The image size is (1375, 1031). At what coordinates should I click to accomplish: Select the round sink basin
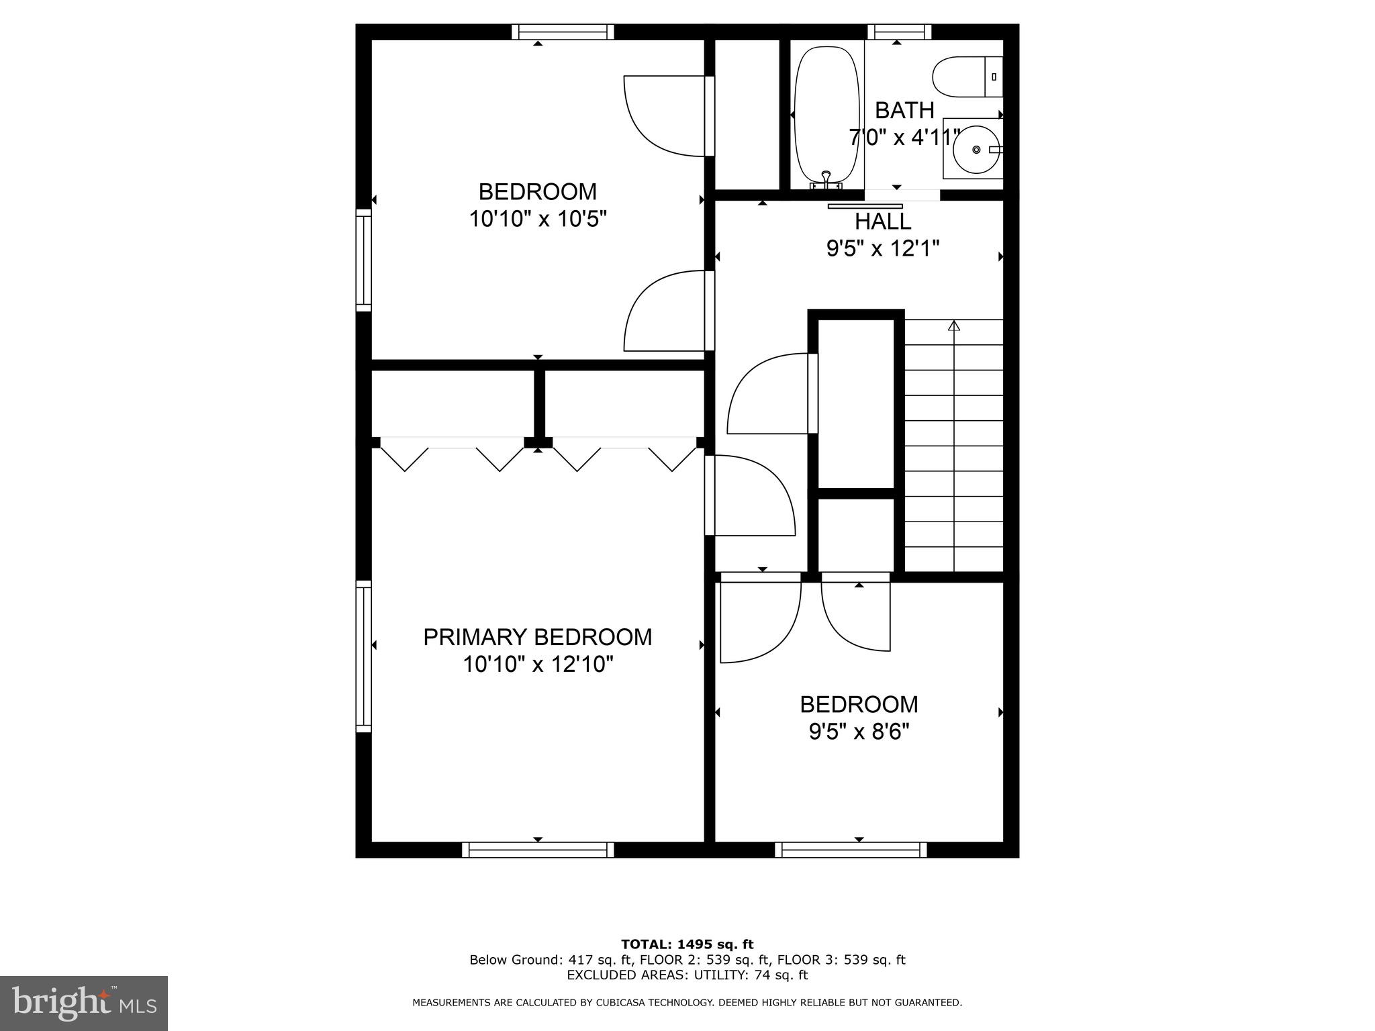point(976,150)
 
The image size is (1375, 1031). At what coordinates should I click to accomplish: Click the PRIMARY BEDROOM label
point(537,637)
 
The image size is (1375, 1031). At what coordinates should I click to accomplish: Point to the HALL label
point(882,221)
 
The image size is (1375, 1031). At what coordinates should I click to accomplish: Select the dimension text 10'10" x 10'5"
point(537,219)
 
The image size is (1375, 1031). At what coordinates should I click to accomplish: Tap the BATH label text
point(904,110)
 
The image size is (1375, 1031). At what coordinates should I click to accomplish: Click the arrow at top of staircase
point(953,326)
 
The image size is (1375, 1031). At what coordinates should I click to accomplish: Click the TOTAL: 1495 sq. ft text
point(687,944)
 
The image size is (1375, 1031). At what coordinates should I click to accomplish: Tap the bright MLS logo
point(84,1003)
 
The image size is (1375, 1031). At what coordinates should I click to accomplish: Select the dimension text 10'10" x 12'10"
point(537,665)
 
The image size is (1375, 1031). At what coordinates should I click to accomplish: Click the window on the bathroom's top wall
point(899,32)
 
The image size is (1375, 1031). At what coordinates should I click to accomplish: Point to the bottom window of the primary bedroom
point(538,850)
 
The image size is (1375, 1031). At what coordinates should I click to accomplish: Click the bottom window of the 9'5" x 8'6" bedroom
point(851,850)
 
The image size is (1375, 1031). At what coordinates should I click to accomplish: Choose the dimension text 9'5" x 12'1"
point(882,249)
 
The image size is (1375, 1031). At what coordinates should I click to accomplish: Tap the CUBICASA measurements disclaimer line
point(687,1002)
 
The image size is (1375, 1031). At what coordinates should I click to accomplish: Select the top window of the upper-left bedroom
point(563,32)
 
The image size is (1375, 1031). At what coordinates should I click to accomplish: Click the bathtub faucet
point(826,178)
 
